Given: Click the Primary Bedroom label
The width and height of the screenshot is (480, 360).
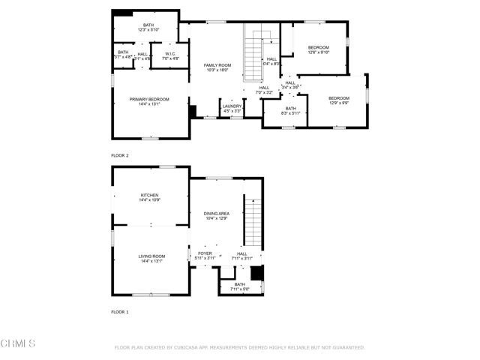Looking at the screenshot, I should tap(148, 102).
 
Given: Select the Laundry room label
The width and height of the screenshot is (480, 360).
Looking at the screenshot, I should tap(232, 108).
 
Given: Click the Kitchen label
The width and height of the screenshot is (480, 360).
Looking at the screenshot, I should tap(148, 197).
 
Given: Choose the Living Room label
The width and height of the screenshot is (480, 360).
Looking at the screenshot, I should tap(148, 259).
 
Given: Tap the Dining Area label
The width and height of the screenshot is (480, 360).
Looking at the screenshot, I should tap(217, 216).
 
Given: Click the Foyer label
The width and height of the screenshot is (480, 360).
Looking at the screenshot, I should tap(205, 256).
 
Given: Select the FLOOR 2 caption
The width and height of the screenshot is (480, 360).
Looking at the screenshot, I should tap(120, 155).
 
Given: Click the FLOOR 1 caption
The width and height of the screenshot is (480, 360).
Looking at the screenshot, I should tap(120, 311).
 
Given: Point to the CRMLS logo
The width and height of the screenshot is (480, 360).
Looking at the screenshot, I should tap(18, 343).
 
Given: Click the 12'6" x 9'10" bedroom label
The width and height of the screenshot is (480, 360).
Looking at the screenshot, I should tap(318, 50).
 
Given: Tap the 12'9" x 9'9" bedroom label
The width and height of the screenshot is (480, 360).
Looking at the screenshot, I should tap(339, 100).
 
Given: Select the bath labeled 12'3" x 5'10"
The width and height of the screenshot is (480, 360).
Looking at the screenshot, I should tap(148, 28).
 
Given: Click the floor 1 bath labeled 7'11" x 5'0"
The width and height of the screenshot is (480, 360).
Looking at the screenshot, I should tap(239, 286).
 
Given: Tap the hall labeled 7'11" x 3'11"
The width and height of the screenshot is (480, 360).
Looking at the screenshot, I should tap(242, 256).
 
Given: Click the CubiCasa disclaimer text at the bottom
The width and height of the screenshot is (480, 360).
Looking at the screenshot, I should tap(239, 348).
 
